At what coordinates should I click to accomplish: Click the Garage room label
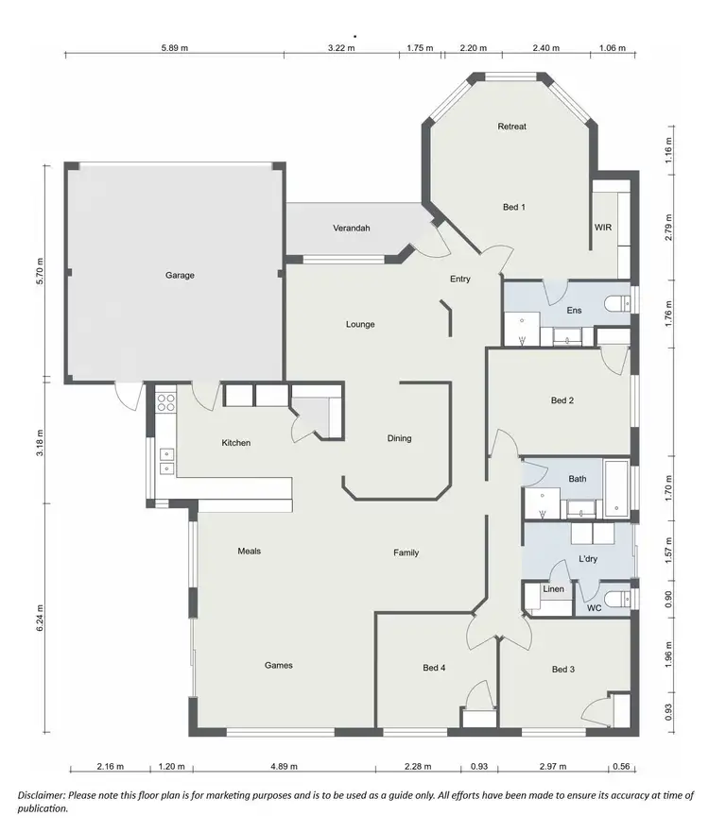pyautogui.click(x=180, y=276)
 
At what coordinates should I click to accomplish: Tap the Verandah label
pyautogui.click(x=351, y=229)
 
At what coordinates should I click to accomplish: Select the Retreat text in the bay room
pyautogui.click(x=511, y=127)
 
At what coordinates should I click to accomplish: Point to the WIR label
pyautogui.click(x=602, y=228)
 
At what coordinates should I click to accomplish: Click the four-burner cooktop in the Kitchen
pyautogui.click(x=165, y=404)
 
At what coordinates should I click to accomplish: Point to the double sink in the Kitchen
pyautogui.click(x=166, y=460)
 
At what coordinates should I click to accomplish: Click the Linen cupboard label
pyautogui.click(x=553, y=589)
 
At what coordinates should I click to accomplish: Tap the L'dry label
pyautogui.click(x=588, y=560)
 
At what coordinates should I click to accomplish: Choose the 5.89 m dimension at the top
pyautogui.click(x=175, y=46)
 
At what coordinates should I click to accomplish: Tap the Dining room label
pyautogui.click(x=399, y=438)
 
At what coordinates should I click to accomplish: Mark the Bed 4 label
pyautogui.click(x=434, y=669)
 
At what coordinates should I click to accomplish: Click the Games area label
pyautogui.click(x=278, y=665)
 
